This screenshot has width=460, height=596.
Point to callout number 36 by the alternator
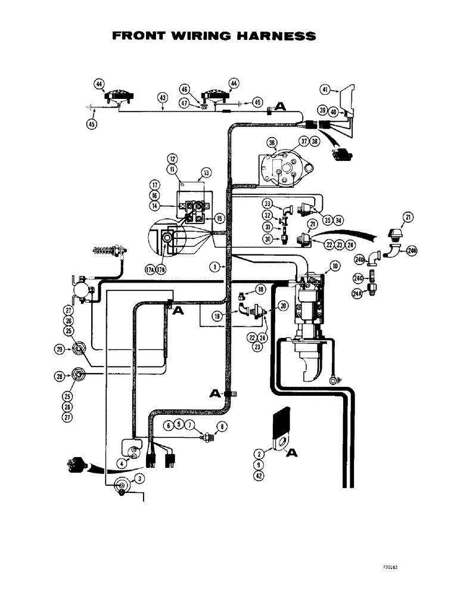tap(272, 143)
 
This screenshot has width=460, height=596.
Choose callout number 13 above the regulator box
tap(206, 172)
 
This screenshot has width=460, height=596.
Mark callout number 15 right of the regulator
tap(219, 219)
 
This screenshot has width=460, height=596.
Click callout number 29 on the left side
tap(60, 349)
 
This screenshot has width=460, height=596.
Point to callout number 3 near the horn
tap(138, 478)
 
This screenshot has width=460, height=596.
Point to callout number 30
tap(268, 239)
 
